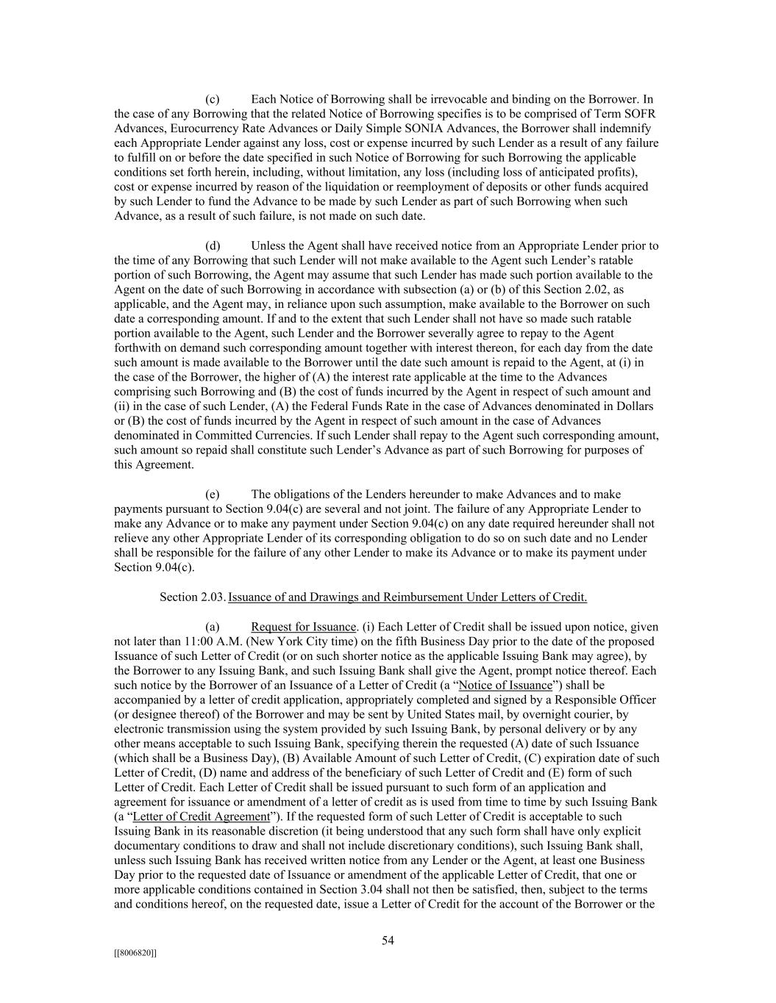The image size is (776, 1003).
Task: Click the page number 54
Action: coord(388,941)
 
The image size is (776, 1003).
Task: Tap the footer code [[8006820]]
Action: coord(135,953)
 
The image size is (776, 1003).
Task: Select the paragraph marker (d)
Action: coord(213,245)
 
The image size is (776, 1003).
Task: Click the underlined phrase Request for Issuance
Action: coord(303,627)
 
